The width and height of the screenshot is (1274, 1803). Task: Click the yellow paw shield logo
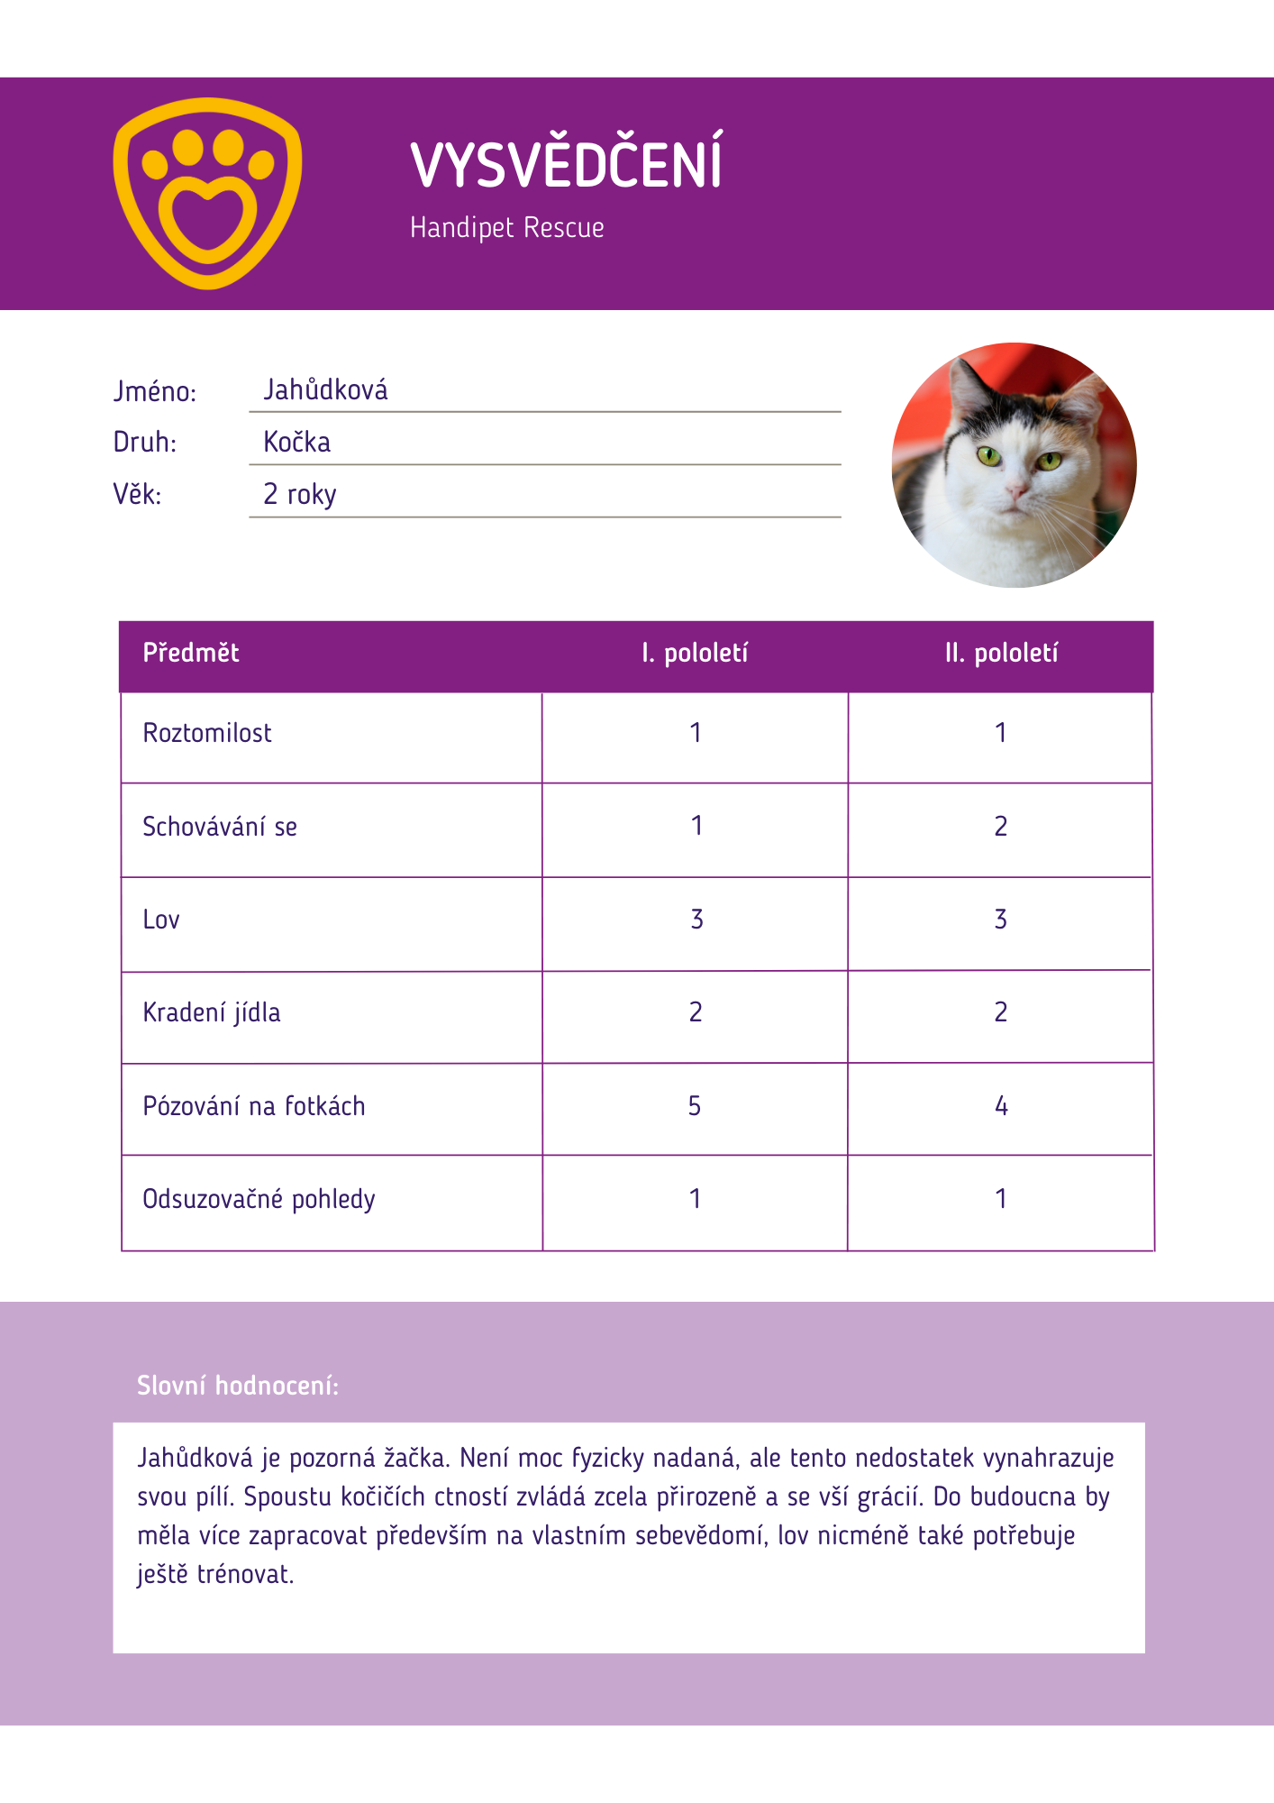point(207,193)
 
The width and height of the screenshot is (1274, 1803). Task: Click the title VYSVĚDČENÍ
point(566,164)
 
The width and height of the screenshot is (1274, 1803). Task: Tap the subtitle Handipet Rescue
point(506,227)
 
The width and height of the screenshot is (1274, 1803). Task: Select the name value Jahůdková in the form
point(325,390)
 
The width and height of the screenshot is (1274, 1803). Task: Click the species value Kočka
point(296,443)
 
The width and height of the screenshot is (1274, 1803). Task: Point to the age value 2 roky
point(299,495)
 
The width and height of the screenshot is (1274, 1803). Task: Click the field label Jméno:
point(154,392)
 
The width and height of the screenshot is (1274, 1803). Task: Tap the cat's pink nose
point(1015,491)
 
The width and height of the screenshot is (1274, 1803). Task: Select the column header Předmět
point(191,654)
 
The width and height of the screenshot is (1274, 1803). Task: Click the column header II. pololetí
point(1001,654)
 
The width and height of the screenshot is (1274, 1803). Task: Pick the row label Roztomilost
point(207,734)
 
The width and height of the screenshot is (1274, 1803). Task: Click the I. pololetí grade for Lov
point(696,920)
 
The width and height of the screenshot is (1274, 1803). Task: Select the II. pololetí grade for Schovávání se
point(1000,827)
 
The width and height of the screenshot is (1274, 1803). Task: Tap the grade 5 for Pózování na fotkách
point(695,1106)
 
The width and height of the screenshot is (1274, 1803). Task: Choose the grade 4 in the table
point(1001,1106)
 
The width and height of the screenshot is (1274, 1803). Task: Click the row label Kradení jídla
point(212,1013)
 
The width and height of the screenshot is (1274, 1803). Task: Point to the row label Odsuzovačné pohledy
point(259,1200)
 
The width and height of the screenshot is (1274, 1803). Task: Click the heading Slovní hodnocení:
point(238,1386)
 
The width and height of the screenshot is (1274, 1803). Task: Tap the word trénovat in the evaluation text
point(245,1575)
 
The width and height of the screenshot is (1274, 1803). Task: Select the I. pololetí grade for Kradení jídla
point(696,1012)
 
